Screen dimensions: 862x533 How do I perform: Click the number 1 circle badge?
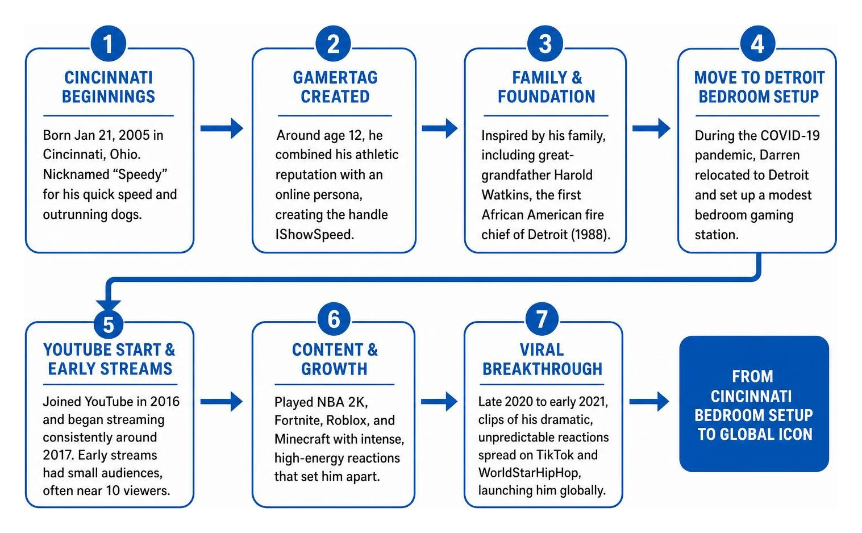(x=109, y=44)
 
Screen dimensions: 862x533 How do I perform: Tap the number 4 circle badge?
(x=757, y=44)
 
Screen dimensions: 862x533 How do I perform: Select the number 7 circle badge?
(x=542, y=319)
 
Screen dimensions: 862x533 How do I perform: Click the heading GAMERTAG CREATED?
(x=335, y=87)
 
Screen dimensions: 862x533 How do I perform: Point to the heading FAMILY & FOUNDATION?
(x=547, y=87)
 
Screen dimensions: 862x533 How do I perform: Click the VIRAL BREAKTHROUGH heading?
(x=542, y=360)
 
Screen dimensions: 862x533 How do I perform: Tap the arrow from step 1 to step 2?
(x=222, y=128)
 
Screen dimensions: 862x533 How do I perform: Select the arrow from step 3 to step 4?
(x=651, y=128)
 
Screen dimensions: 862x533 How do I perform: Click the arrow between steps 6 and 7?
(x=439, y=401)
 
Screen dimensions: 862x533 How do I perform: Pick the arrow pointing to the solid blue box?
(x=649, y=401)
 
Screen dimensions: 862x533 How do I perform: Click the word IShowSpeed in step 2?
(x=314, y=234)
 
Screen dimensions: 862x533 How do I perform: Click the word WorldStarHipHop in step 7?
(x=530, y=472)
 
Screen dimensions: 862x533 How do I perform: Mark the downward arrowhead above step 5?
(x=109, y=305)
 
